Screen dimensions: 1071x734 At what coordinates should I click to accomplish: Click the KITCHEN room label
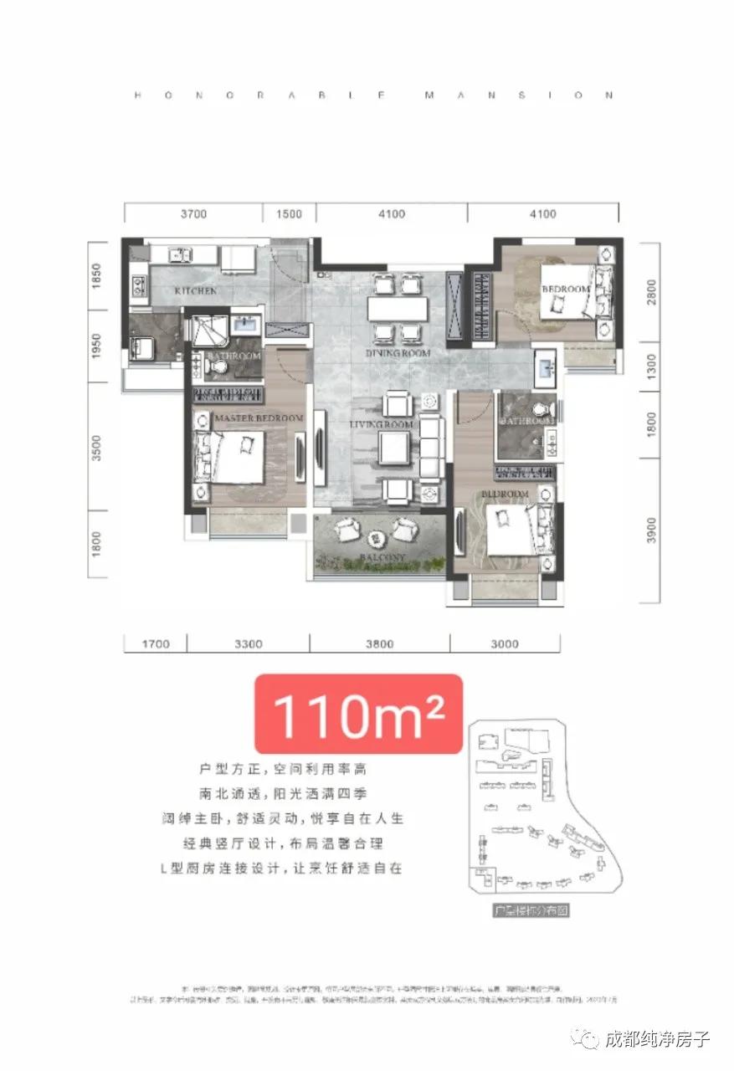195,291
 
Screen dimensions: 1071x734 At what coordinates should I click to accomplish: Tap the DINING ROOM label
398,354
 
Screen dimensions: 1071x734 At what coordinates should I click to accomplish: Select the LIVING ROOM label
382,425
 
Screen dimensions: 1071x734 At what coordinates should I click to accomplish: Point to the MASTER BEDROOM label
259,418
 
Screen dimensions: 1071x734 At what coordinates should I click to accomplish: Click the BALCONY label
384,557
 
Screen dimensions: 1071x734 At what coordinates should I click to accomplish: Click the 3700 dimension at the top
192,214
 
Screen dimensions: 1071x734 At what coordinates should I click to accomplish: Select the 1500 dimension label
288,214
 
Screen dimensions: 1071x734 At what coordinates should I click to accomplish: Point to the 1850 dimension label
96,276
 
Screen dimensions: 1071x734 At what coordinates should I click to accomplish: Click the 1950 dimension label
96,346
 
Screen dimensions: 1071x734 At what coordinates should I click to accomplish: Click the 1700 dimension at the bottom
156,644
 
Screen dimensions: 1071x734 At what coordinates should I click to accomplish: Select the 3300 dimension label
249,644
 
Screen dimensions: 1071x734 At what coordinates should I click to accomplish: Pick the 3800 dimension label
379,644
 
